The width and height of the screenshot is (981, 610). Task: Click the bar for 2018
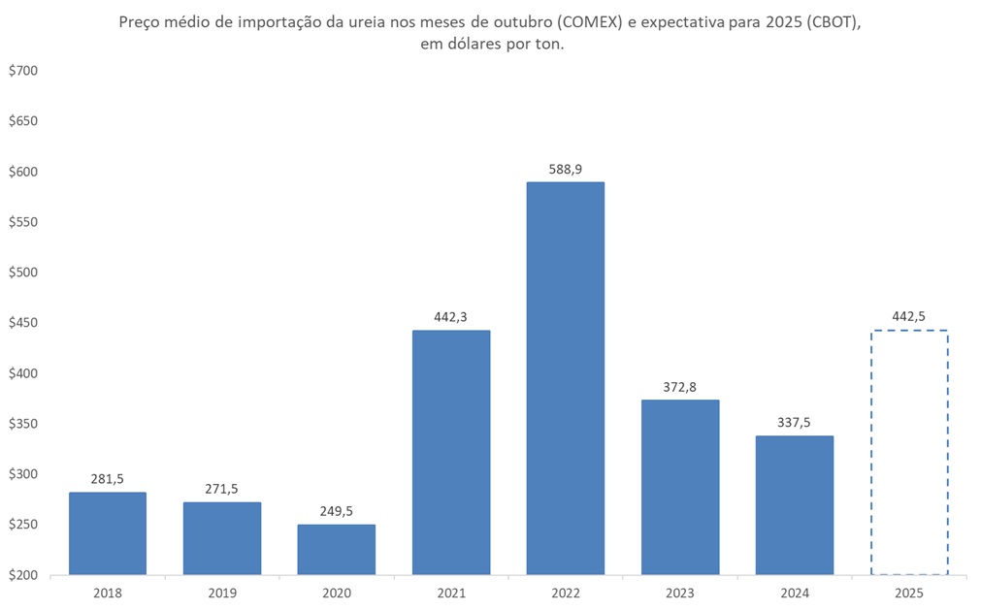(x=107, y=533)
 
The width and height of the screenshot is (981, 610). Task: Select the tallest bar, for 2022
(x=565, y=378)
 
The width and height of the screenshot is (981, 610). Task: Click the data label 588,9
(x=565, y=169)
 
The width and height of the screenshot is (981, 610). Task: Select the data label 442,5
(x=908, y=316)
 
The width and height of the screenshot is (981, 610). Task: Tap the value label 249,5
(x=336, y=510)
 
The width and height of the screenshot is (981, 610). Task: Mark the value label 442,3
(x=450, y=316)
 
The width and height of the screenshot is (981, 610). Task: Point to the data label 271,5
(x=221, y=489)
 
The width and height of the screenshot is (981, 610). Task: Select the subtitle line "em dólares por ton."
(x=490, y=44)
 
